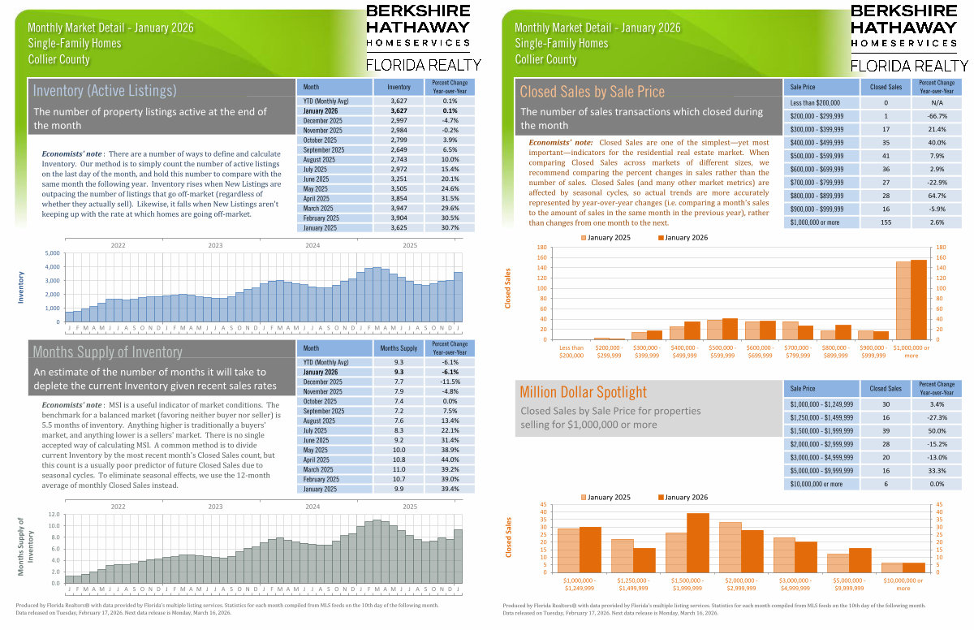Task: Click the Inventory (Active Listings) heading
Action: pyautogui.click(x=105, y=90)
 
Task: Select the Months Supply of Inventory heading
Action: pyautogui.click(x=107, y=352)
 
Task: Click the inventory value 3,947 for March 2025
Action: pyautogui.click(x=399, y=208)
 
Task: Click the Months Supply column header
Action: pyautogui.click(x=399, y=347)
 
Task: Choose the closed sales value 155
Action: pyautogui.click(x=886, y=222)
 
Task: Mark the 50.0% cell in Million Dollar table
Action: pyautogui.click(x=936, y=432)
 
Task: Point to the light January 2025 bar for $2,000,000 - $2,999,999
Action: pyautogui.click(x=730, y=547)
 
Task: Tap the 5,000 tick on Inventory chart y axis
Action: pyautogui.click(x=50, y=253)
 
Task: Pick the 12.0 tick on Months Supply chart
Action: pyautogui.click(x=53, y=515)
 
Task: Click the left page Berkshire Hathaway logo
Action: pyautogui.click(x=417, y=37)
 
